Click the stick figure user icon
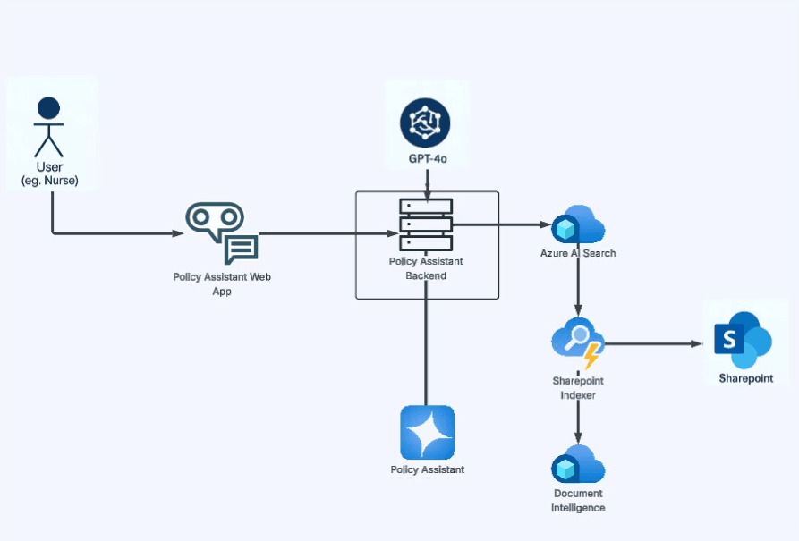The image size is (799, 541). pyautogui.click(x=48, y=128)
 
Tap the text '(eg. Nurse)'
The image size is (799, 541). pyautogui.click(x=49, y=182)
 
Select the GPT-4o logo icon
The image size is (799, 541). pyautogui.click(x=425, y=122)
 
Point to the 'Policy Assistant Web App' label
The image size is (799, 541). pyautogui.click(x=222, y=283)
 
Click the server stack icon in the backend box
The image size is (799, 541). pyautogui.click(x=426, y=224)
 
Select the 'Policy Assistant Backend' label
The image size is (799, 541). pyautogui.click(x=426, y=268)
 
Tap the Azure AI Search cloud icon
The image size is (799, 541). pyautogui.click(x=578, y=224)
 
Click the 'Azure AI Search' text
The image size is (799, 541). pyautogui.click(x=578, y=253)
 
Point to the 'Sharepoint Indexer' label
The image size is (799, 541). pyautogui.click(x=578, y=387)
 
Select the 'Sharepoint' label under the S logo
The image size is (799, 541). pyautogui.click(x=745, y=378)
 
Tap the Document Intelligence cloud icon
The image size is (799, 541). pyautogui.click(x=578, y=464)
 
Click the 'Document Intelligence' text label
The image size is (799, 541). pyautogui.click(x=578, y=501)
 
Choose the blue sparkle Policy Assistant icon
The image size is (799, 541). pyautogui.click(x=427, y=432)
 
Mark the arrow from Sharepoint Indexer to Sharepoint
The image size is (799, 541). pyautogui.click(x=653, y=343)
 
